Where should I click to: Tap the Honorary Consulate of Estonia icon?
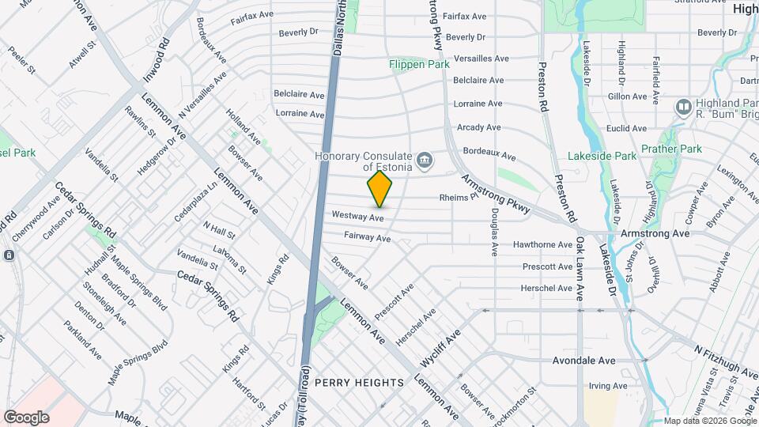pyautogui.click(x=425, y=162)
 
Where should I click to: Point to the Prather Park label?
pyautogui.click(x=671, y=149)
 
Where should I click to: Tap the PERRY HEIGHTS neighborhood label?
pyautogui.click(x=359, y=383)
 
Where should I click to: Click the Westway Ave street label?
pyautogui.click(x=357, y=216)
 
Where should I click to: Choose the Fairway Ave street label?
pyautogui.click(x=367, y=237)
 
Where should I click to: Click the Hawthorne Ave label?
pyautogui.click(x=542, y=245)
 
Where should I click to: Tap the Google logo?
pyautogui.click(x=26, y=417)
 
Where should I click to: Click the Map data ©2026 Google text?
pyautogui.click(x=708, y=421)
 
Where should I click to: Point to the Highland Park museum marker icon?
pyautogui.click(x=684, y=106)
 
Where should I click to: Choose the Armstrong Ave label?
pyautogui.click(x=655, y=233)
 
